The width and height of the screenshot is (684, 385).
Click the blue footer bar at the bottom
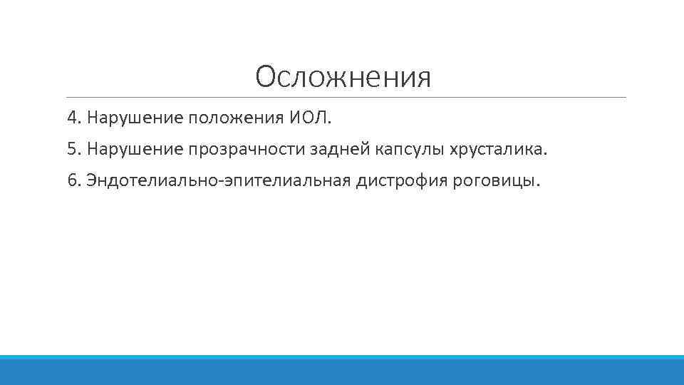pos(342,370)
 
